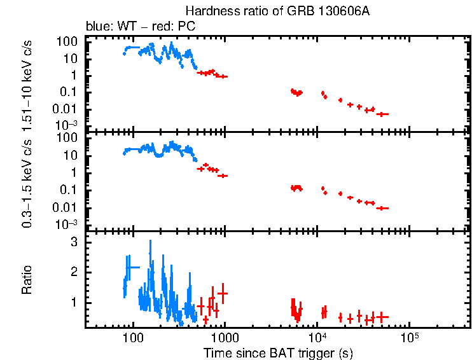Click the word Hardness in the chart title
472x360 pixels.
click(x=206, y=11)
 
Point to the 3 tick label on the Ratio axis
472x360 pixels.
click(x=74, y=242)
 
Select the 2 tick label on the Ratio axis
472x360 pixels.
click(x=74, y=272)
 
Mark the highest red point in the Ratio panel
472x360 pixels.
click(x=222, y=293)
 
